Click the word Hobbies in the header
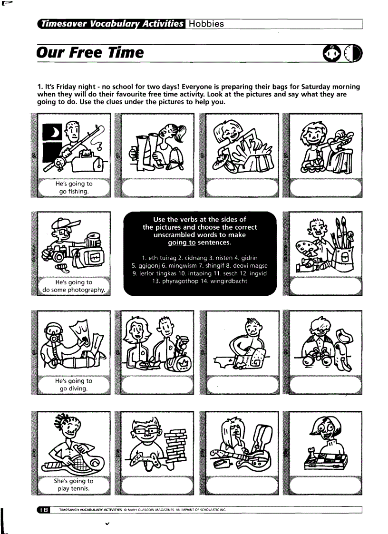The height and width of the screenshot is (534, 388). [x=207, y=24]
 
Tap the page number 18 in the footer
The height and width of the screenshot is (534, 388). [x=43, y=510]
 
